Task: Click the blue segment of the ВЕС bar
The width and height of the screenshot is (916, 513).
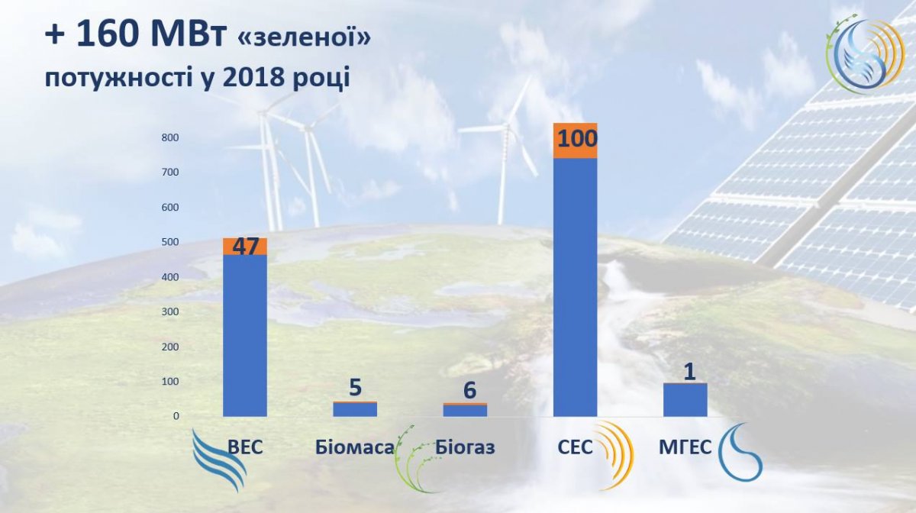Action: click(x=245, y=335)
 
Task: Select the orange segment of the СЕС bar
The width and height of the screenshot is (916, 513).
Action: click(x=575, y=140)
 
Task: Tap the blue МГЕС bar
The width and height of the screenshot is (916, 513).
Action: click(x=685, y=400)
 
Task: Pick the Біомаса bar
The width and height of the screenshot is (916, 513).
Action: click(x=355, y=409)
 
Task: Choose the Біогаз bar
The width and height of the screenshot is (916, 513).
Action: click(x=465, y=409)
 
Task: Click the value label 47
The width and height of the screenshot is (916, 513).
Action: click(x=246, y=247)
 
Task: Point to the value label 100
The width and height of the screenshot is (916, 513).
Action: click(x=577, y=138)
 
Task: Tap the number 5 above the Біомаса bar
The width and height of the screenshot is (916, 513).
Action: click(x=356, y=387)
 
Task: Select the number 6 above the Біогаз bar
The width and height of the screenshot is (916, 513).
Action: click(x=470, y=390)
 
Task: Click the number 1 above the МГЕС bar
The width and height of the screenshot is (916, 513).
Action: click(x=689, y=372)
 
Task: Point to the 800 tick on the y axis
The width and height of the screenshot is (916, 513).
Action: click(x=170, y=137)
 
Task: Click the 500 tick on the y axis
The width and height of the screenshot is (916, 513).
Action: click(x=170, y=242)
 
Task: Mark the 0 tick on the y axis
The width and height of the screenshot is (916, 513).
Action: click(x=176, y=416)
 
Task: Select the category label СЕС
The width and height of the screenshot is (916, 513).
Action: click(x=575, y=447)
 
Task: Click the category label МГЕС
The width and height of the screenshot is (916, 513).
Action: click(x=685, y=447)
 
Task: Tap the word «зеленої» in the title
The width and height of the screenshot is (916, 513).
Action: click(x=304, y=37)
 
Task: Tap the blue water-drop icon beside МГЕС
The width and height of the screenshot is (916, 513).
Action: click(x=740, y=453)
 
